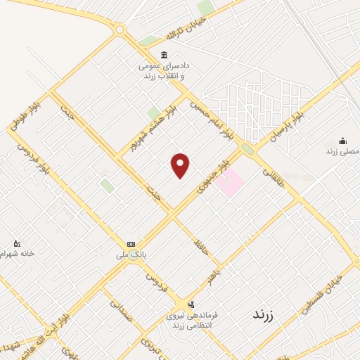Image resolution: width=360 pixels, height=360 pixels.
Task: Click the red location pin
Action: pos(181,165)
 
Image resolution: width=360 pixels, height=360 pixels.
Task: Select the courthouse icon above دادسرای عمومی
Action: pos(165,56)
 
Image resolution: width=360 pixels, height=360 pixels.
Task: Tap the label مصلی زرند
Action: pos(342,151)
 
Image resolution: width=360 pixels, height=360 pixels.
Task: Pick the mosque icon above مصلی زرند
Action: pos(342,141)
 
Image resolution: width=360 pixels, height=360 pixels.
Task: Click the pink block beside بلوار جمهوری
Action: pos(229,183)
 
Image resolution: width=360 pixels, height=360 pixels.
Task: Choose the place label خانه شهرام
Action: pos(18,252)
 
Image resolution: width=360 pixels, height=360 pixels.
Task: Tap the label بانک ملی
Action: pos(131,255)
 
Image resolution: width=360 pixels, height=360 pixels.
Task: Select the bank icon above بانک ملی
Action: pos(131,243)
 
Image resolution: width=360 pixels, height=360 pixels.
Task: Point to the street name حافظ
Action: pos(200,247)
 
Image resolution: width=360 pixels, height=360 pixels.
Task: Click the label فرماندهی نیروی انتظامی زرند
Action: pos(192,320)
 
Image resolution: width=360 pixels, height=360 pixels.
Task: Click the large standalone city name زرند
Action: pos(266,315)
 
